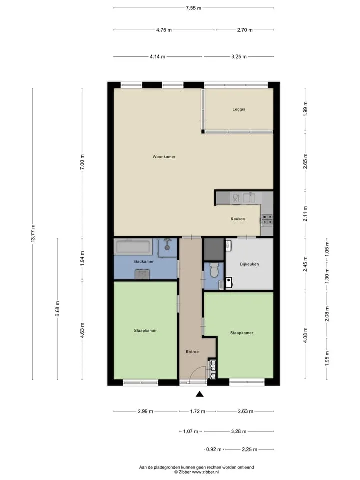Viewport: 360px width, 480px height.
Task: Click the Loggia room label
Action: tap(239, 109)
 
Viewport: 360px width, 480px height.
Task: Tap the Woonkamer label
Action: tap(164, 156)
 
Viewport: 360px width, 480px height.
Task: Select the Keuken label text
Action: tap(238, 219)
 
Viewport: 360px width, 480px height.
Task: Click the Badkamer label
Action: tap(144, 261)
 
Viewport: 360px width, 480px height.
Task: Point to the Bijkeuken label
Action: tap(250, 264)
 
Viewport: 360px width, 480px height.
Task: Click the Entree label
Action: tap(192, 351)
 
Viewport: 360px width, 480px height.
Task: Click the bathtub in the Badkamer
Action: tap(133, 247)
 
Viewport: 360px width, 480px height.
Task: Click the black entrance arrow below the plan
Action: tap(200, 394)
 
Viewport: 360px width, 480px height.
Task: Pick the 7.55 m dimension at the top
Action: tap(194, 8)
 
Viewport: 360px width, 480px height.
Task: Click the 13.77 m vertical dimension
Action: tap(33, 233)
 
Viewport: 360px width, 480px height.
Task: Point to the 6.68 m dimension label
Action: tap(57, 309)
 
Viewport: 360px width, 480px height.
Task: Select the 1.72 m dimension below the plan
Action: tap(198, 411)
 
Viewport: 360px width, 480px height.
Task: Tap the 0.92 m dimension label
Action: tap(214, 449)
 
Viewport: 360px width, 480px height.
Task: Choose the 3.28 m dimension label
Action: tap(239, 431)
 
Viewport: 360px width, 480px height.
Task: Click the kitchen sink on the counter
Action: tap(249, 198)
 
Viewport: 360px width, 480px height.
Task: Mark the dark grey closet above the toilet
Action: tap(214, 249)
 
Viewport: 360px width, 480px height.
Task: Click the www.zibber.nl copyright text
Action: tap(197, 472)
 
